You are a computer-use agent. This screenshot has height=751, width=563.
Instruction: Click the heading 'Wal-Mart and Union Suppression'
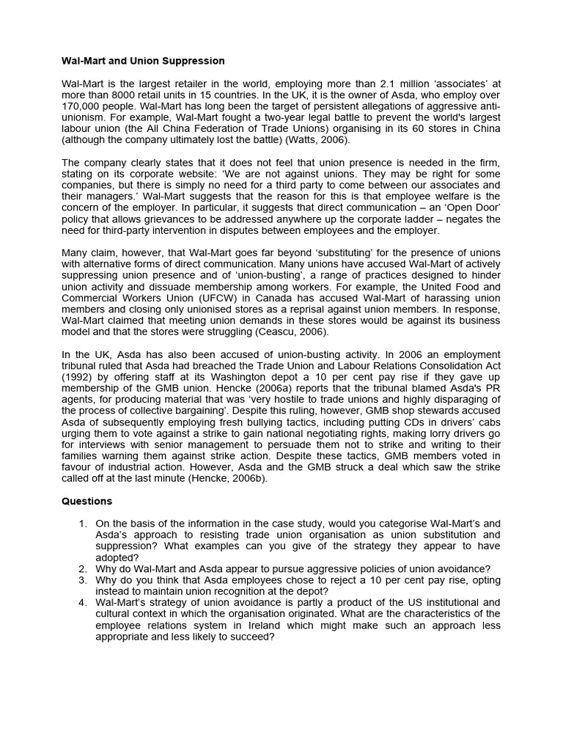coord(143,61)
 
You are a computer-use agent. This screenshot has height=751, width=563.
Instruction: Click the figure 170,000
coord(84,106)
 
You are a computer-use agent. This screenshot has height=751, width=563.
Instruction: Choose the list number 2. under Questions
coord(83,569)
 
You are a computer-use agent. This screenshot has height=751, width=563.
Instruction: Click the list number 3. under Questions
coord(83,580)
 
